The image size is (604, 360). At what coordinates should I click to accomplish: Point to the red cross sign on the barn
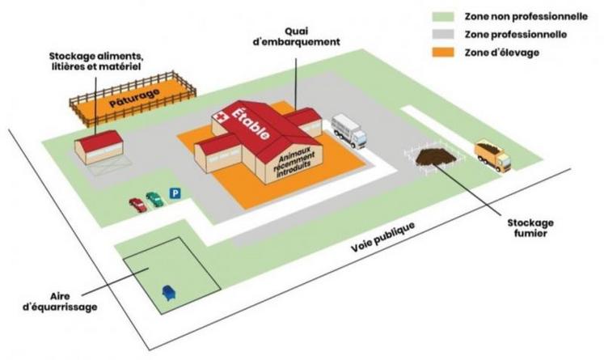click(x=217, y=118)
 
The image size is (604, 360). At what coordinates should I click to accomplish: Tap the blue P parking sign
click(x=175, y=193)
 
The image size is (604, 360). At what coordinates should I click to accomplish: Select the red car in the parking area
click(x=137, y=205)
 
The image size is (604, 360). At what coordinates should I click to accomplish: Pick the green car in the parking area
click(x=154, y=198)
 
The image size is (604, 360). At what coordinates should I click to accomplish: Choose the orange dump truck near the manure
click(x=492, y=155)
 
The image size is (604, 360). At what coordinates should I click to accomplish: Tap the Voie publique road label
click(x=384, y=235)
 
